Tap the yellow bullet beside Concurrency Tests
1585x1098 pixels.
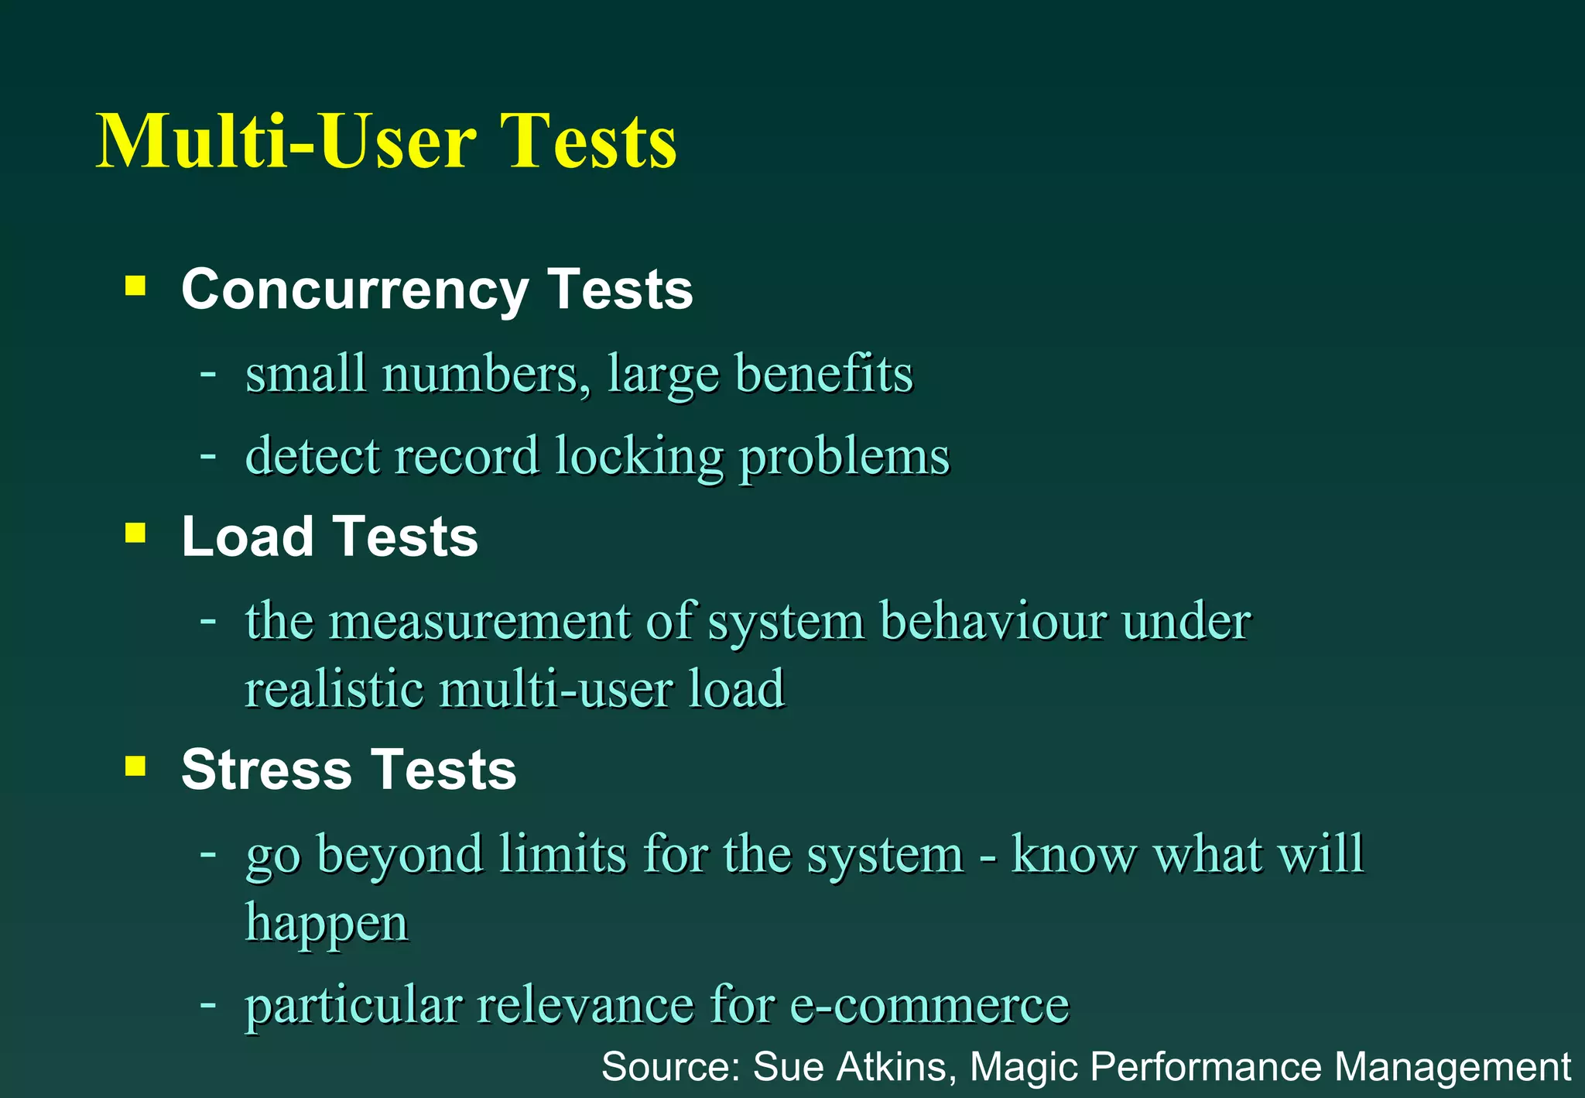135,287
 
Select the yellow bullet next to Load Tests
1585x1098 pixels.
135,534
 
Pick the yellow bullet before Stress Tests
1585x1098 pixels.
135,767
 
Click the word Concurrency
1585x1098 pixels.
354,290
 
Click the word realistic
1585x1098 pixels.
334,688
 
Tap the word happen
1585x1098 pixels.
327,924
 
